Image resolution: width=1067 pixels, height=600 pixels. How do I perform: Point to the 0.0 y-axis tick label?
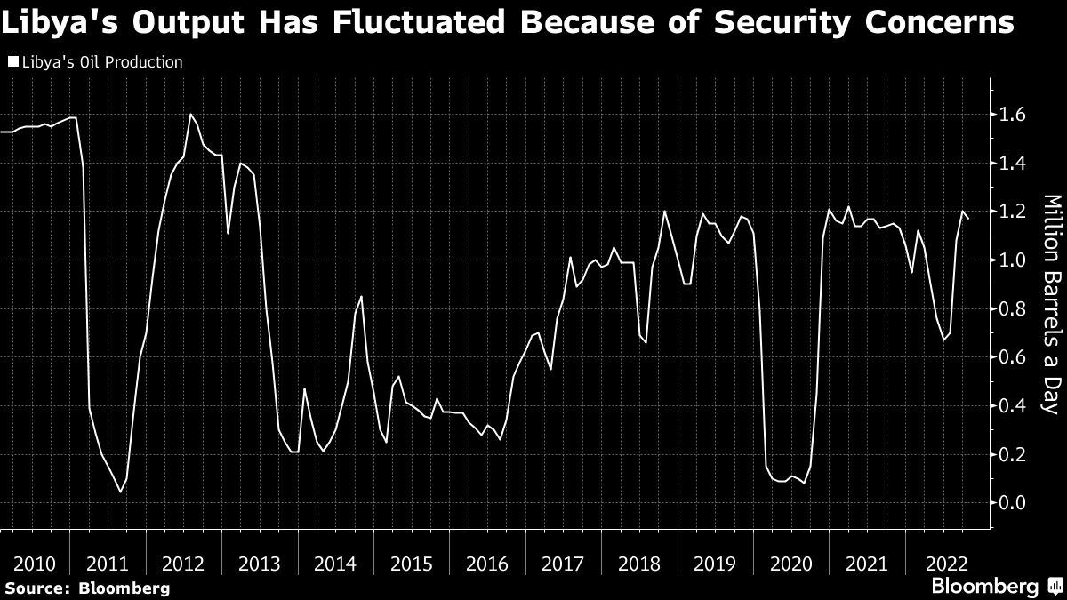[x=1014, y=503]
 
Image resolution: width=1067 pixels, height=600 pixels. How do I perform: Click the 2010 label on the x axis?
[x=35, y=564]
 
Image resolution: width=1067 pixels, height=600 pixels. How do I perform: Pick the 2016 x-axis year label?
[x=486, y=564]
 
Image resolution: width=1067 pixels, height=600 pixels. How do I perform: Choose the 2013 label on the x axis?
[x=261, y=564]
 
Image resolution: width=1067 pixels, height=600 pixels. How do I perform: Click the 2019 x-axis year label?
[x=715, y=564]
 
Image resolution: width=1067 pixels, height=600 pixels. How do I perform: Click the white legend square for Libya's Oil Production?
[x=12, y=63]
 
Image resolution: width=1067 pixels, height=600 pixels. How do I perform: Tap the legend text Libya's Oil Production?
[x=100, y=63]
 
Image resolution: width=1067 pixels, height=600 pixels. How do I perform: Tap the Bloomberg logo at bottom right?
[x=985, y=587]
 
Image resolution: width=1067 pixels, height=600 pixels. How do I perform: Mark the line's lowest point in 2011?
[x=121, y=492]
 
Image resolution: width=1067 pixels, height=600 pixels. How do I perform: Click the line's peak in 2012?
[x=190, y=114]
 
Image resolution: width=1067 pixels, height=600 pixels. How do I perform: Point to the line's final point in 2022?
[x=968, y=219]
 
